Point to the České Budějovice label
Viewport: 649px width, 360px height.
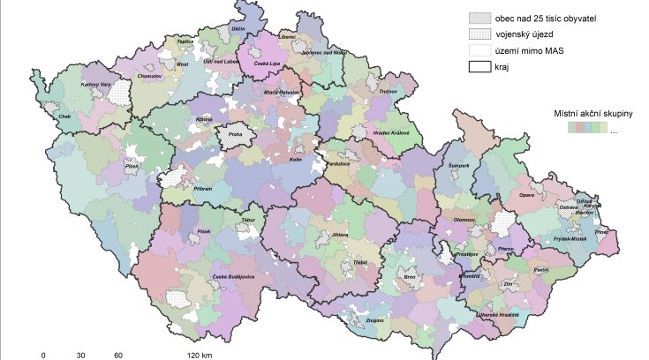click(233, 277)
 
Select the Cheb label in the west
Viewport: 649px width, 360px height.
click(64, 116)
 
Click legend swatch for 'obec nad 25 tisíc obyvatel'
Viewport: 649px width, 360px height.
click(479, 17)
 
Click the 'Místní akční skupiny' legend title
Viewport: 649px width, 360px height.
click(591, 114)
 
